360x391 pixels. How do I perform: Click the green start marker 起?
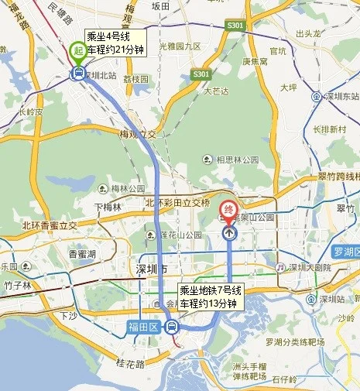click(78, 50)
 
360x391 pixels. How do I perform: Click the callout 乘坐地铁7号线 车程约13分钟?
click(211, 297)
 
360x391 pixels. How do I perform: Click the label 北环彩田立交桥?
click(178, 202)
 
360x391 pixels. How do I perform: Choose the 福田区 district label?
click(143, 328)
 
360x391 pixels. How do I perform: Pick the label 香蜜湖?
click(81, 253)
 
